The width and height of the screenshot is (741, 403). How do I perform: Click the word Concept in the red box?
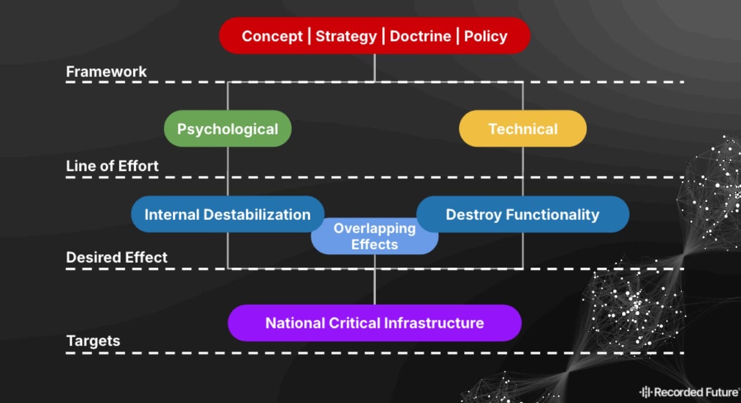point(272,37)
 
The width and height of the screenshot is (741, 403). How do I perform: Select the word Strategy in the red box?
point(346,37)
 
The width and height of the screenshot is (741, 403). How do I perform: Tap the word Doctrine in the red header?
point(420,37)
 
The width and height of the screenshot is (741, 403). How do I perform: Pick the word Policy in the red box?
point(485,37)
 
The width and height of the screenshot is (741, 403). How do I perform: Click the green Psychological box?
point(227,129)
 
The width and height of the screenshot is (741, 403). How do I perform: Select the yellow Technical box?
point(523,129)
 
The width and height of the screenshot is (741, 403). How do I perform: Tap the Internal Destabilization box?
point(227,214)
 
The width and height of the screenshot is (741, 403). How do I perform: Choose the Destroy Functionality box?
point(523,214)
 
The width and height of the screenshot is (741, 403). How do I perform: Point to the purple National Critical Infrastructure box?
point(374,323)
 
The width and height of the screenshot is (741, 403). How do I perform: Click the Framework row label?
point(106,72)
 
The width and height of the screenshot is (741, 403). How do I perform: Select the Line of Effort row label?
point(112,166)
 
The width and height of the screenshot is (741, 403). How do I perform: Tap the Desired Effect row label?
point(117,258)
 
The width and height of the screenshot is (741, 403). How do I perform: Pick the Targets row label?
point(93,341)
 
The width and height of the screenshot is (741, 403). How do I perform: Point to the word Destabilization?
point(258,214)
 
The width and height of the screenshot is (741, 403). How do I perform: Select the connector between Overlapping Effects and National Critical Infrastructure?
point(374,280)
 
